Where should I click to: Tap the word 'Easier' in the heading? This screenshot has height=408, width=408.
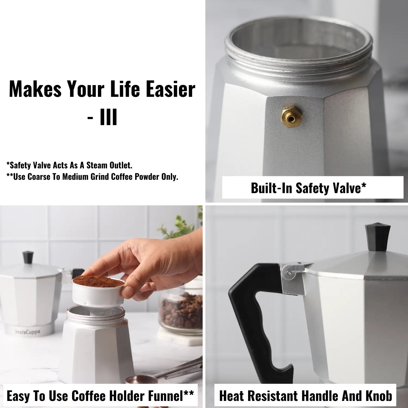[x=171, y=89]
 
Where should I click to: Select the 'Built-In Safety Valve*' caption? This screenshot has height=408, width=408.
[x=308, y=188]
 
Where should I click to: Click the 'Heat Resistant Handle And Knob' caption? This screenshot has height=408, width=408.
[x=305, y=396]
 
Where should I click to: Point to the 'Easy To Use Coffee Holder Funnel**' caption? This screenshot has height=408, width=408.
[x=100, y=396]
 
